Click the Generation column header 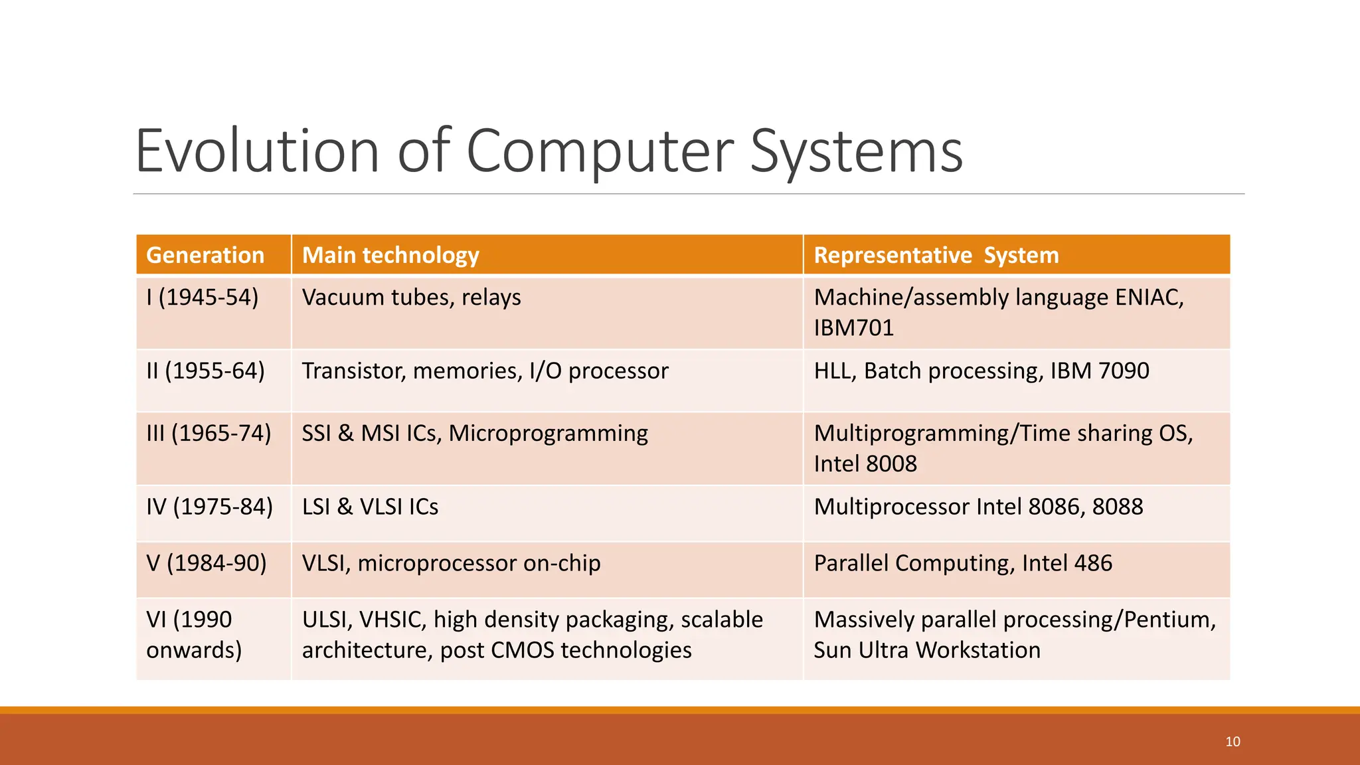click(x=205, y=255)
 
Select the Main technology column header click(x=390, y=255)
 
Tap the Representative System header click(x=936, y=255)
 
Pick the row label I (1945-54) click(x=202, y=297)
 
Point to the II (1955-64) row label click(x=205, y=371)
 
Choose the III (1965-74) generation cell click(x=209, y=433)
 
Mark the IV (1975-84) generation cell click(x=209, y=507)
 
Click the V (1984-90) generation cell click(x=206, y=563)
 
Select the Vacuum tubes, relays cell click(x=411, y=297)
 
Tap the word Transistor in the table click(x=353, y=371)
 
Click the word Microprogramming click(x=548, y=433)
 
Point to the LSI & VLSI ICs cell click(x=370, y=507)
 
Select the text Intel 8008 click(x=865, y=464)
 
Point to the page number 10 click(x=1232, y=742)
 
